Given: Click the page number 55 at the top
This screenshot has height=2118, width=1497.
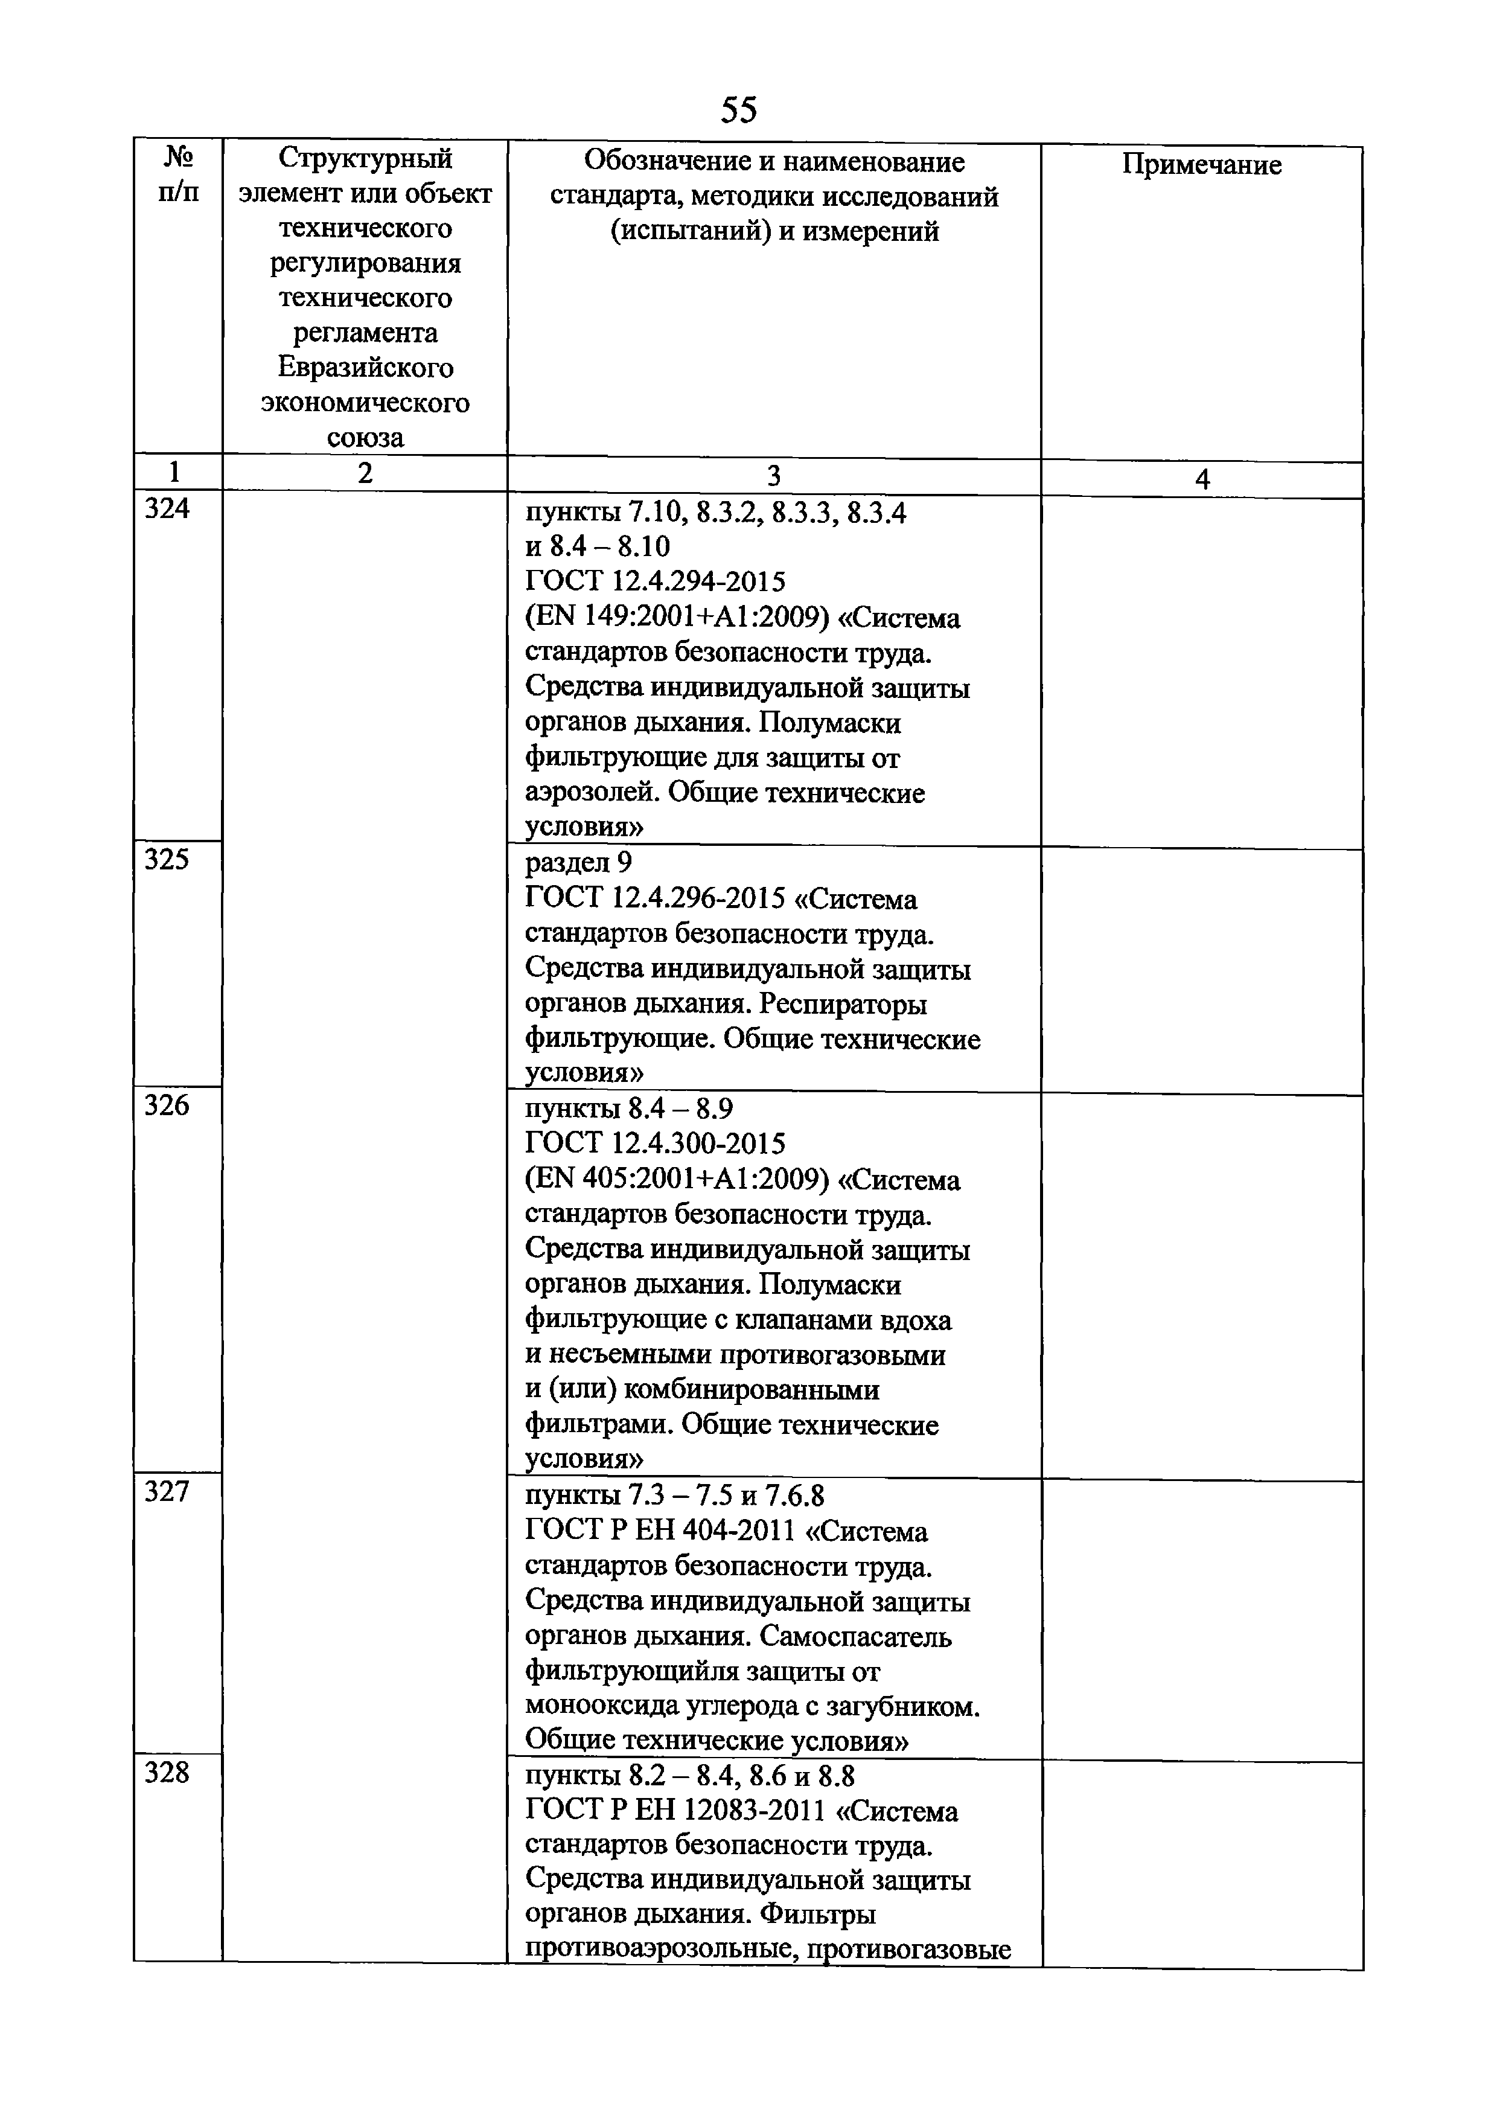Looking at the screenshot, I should [738, 110].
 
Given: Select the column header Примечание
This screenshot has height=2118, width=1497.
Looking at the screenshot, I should [1201, 165].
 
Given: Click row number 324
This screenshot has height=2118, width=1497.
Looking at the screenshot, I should [167, 509].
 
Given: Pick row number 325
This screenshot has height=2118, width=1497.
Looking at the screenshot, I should [167, 860].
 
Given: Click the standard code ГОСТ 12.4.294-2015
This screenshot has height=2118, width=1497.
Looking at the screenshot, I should [655, 582].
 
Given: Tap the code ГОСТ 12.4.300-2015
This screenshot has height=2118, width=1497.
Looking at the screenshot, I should [655, 1145].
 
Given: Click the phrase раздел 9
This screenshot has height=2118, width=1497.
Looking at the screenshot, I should [578, 863].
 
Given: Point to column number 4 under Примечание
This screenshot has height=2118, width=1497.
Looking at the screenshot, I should [1201, 479].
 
